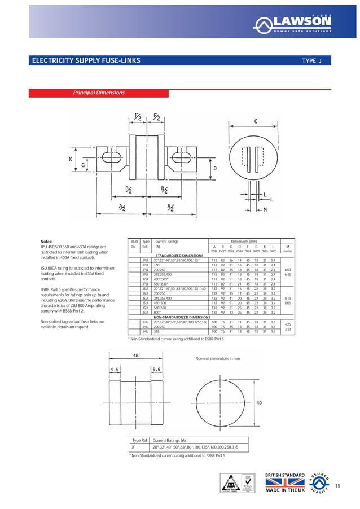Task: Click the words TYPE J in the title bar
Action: tap(311, 60)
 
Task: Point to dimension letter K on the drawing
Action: tap(71, 159)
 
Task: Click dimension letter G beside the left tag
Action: tap(83, 165)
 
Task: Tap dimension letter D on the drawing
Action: tap(215, 168)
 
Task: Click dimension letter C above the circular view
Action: tap(256, 121)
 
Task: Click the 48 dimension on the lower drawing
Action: tap(137, 356)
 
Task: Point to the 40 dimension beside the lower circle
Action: tap(259, 403)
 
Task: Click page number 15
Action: tap(339, 486)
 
